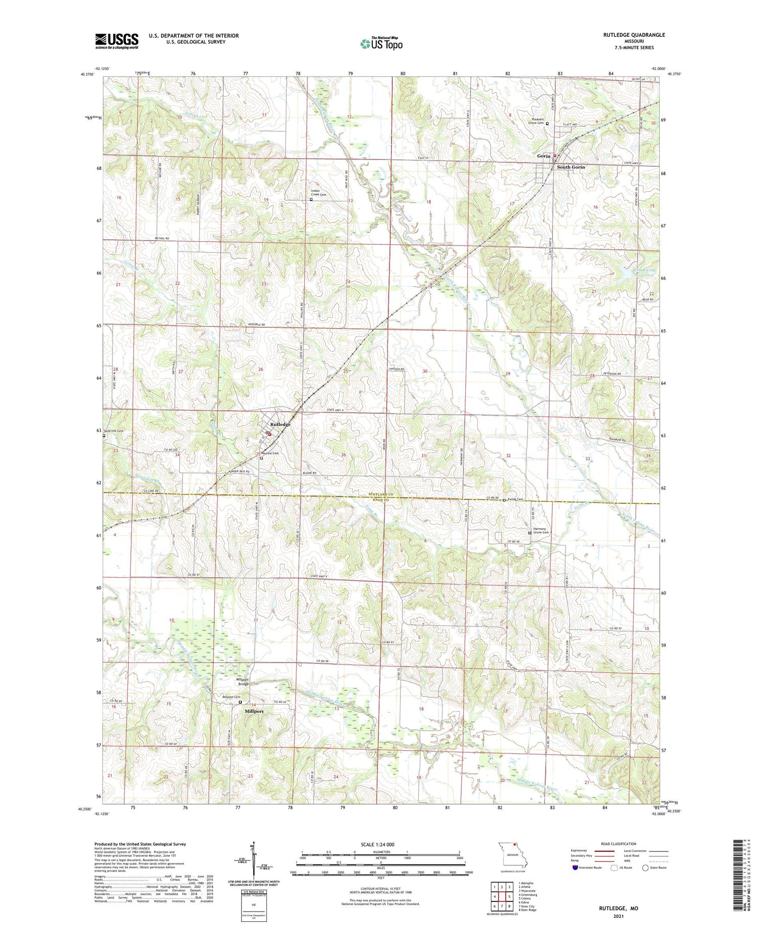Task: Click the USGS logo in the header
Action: point(117,41)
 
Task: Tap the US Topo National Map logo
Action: point(381,43)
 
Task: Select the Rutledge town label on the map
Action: point(280,424)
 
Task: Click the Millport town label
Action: point(254,711)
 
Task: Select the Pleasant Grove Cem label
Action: point(535,121)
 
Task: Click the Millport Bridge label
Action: point(243,682)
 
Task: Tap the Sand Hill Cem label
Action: point(114,431)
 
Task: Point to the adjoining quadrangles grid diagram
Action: point(502,892)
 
